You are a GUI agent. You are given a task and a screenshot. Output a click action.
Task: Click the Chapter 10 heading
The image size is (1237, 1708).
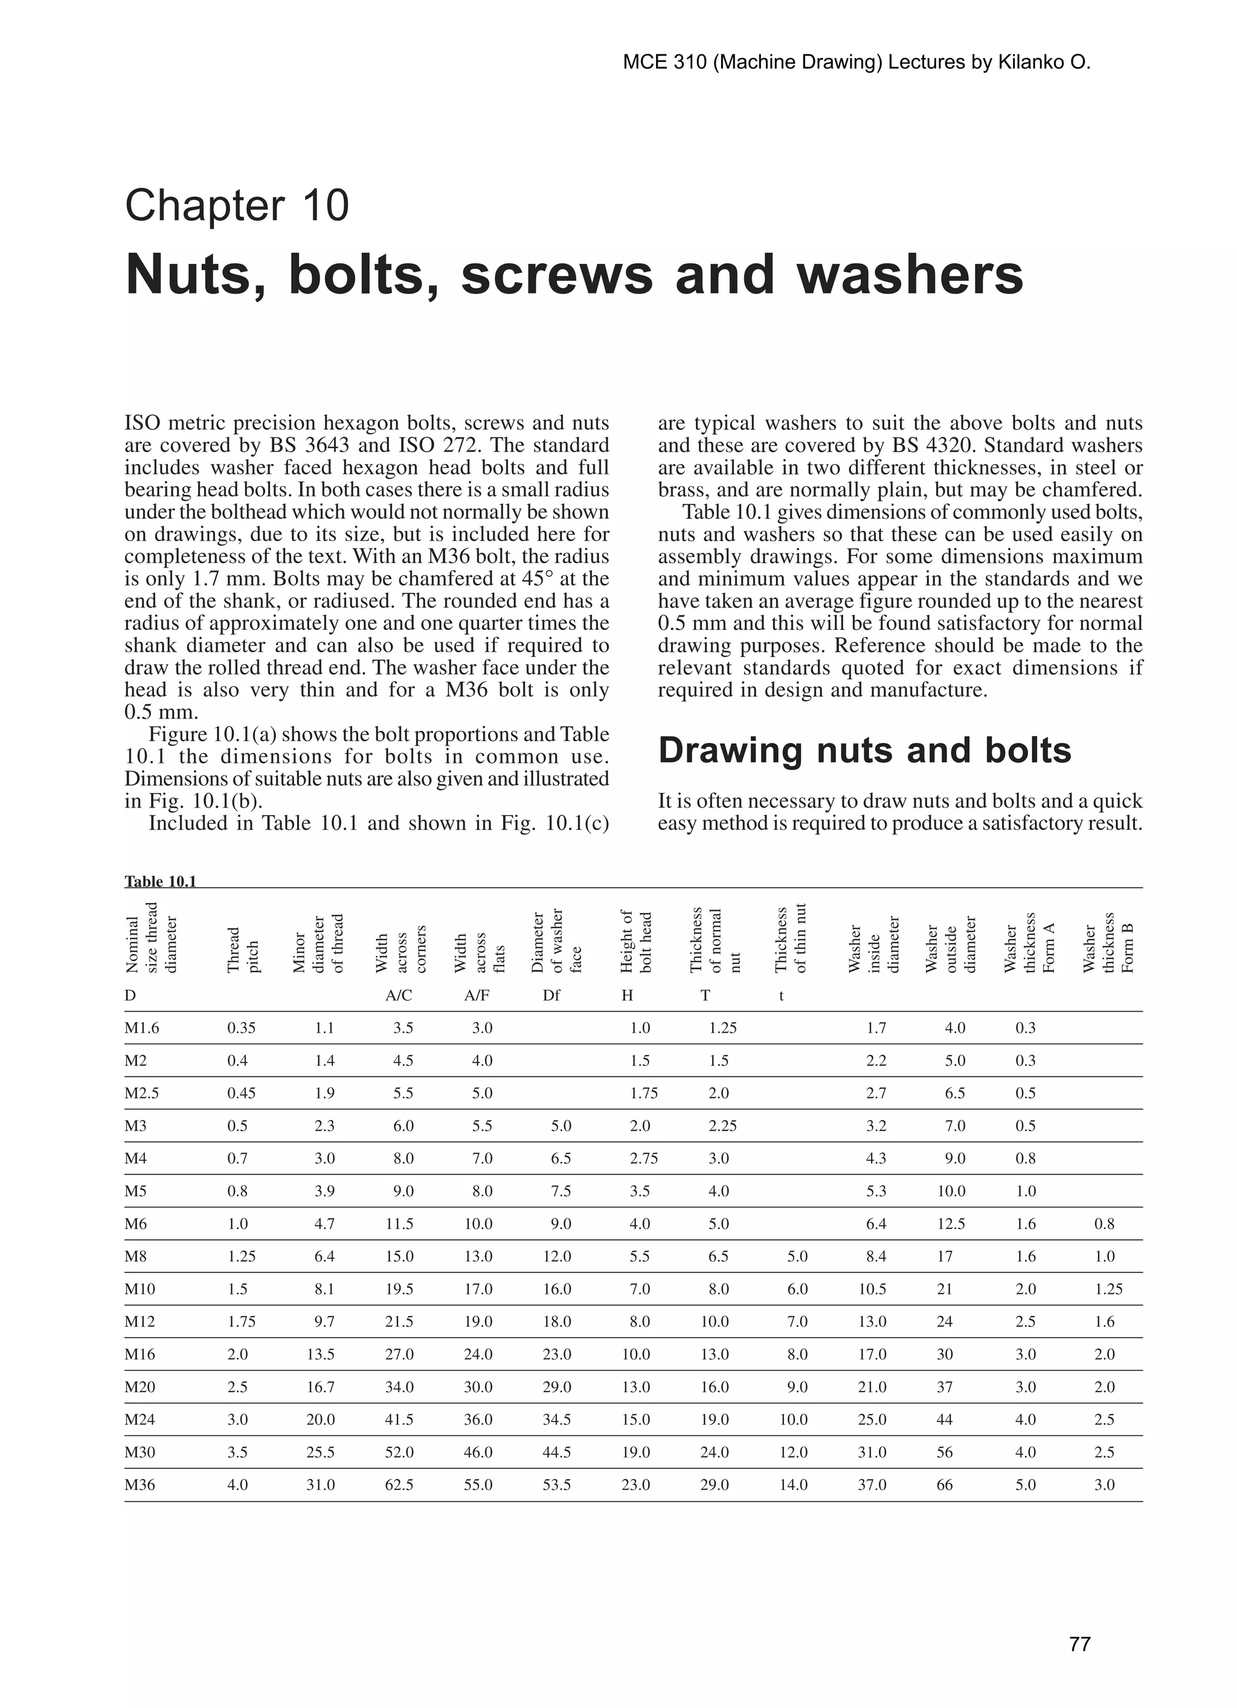pos(237,205)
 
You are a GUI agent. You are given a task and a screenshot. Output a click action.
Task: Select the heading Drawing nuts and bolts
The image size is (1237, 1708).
pos(864,750)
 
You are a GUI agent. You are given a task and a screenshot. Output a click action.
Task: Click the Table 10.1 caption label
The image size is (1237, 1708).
pos(159,881)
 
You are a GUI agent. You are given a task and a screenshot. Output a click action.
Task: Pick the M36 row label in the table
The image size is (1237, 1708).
pos(140,1485)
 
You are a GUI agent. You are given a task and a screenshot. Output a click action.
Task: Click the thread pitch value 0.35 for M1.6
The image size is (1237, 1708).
pos(241,1028)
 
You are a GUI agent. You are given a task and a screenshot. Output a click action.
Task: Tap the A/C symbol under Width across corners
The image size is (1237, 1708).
pos(399,995)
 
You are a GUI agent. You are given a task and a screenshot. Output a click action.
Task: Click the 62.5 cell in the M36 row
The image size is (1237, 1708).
pos(399,1485)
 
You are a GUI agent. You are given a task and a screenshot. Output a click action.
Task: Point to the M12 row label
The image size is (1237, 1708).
pos(140,1321)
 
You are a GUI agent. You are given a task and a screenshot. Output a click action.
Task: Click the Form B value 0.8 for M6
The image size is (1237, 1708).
pos(1104,1224)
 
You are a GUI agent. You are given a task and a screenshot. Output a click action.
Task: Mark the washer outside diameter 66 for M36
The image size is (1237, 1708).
pos(944,1485)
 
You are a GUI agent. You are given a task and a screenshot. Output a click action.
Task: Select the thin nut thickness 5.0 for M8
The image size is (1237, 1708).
pos(797,1256)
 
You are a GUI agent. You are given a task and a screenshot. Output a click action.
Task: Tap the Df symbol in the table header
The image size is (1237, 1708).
pos(551,995)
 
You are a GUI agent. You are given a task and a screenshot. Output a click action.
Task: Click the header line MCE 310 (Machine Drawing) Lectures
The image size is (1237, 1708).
pos(856,62)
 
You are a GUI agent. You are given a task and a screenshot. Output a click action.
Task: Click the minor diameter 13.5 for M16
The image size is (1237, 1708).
pos(320,1354)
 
